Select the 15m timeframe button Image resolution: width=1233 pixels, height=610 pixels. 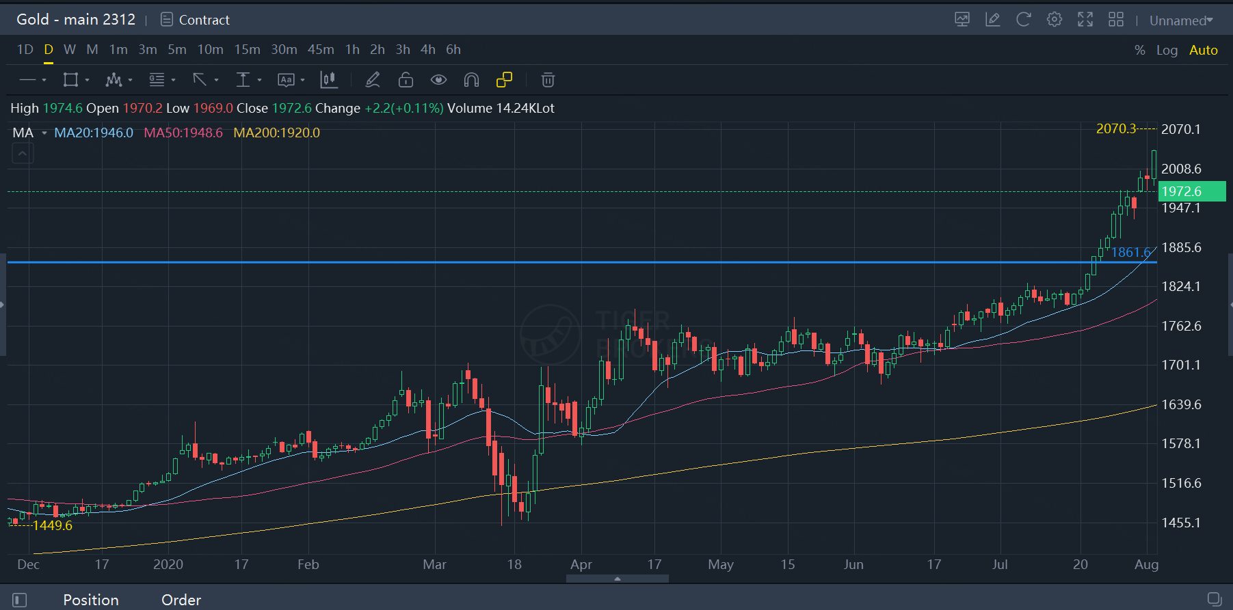(247, 50)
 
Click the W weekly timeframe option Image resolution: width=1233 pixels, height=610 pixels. (70, 50)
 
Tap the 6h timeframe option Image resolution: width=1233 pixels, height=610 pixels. (453, 50)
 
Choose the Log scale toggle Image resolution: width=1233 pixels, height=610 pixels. (1167, 51)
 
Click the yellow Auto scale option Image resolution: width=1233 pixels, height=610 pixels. (1203, 51)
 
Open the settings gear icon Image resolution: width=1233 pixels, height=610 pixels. (1054, 20)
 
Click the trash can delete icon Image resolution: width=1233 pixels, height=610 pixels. (548, 81)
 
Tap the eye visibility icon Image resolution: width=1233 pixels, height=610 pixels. (438, 81)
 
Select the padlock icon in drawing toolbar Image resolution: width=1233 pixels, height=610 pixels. (406, 81)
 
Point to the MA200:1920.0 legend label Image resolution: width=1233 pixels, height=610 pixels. (276, 133)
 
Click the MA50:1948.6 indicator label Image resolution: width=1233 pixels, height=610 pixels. (183, 133)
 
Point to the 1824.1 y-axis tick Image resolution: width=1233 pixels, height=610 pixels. (1181, 287)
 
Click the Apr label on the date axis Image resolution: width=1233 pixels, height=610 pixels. (581, 565)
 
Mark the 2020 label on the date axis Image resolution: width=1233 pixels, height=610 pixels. (168, 565)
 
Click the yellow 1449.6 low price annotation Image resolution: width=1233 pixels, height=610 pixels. (53, 525)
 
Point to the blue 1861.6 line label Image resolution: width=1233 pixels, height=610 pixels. (1130, 253)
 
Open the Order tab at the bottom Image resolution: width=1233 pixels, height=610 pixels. (181, 600)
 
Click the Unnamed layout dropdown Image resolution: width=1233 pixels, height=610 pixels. (1181, 20)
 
